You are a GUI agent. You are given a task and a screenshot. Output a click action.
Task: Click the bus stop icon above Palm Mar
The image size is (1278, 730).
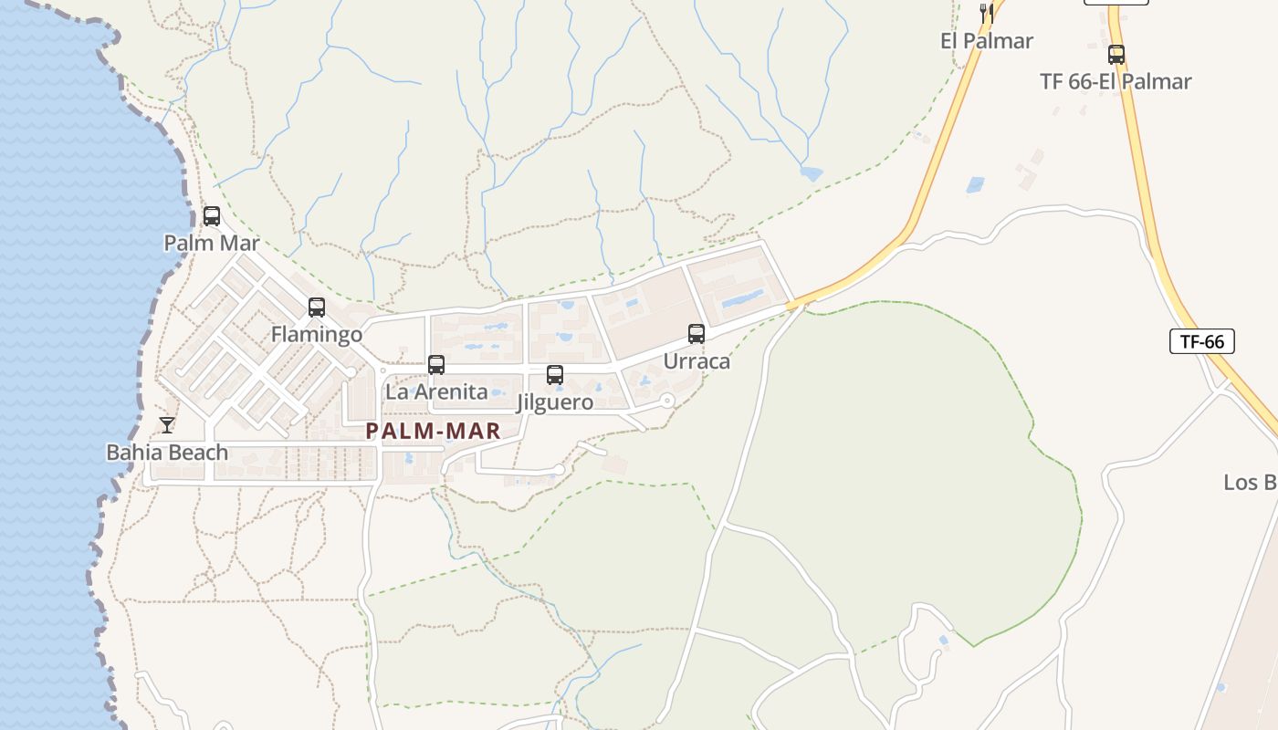pos(212,216)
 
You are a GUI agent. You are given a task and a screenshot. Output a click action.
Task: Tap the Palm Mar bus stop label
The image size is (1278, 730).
pos(212,243)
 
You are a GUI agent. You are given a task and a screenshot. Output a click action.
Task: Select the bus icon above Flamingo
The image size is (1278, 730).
pos(317,308)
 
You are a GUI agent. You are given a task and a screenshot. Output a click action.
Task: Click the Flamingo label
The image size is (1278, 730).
pos(317,335)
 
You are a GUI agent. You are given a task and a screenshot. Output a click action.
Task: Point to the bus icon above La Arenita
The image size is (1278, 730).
pos(436,365)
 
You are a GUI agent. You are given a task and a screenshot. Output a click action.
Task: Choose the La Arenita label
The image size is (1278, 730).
pos(436,392)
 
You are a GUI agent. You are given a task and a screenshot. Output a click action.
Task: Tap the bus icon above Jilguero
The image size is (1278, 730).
pos(555,375)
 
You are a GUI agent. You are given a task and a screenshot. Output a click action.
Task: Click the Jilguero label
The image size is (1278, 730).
pos(555,402)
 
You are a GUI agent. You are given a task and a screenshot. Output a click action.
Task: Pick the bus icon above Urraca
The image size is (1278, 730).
pos(697,334)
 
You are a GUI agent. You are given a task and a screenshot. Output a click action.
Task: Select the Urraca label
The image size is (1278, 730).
pos(697,361)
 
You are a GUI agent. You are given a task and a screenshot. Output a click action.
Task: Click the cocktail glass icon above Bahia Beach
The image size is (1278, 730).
pos(167,425)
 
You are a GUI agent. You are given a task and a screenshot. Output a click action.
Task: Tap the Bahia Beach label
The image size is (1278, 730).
pos(167,453)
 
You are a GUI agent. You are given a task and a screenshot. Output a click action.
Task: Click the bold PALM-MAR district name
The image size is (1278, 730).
pos(434,432)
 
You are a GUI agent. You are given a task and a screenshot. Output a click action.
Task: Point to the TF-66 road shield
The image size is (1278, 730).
pos(1202,341)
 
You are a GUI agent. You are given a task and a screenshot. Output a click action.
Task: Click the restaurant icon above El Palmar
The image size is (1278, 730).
pos(986,13)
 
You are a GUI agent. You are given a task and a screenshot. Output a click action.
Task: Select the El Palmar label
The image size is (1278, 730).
pos(987,41)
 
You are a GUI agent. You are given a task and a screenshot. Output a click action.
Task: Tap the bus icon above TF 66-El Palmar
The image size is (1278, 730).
pos(1116,54)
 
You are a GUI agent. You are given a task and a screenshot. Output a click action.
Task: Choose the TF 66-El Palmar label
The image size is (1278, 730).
pos(1116,81)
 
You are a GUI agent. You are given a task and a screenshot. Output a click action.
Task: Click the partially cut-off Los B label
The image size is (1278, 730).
pos(1250,483)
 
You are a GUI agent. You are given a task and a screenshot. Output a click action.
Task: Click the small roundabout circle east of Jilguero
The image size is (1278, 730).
pos(667,400)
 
